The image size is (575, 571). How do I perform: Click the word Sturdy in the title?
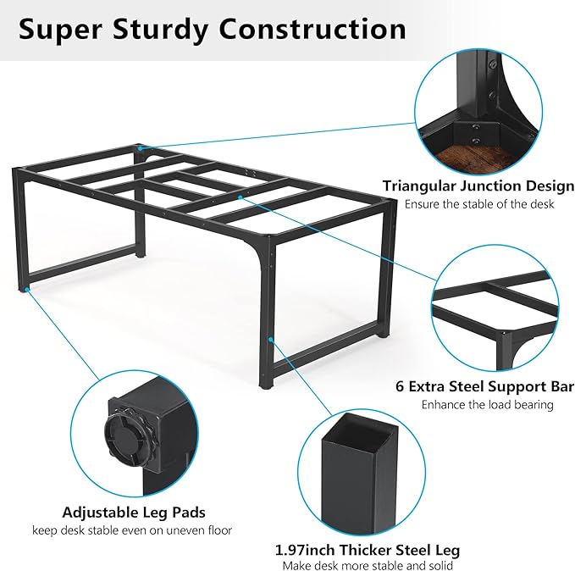click(160, 30)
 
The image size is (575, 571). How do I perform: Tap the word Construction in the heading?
click(312, 29)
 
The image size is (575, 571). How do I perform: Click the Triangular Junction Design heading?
click(478, 186)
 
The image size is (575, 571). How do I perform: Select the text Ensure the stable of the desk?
click(479, 204)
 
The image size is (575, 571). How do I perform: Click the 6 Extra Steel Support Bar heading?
click(484, 386)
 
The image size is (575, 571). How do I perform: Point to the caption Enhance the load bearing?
click(488, 404)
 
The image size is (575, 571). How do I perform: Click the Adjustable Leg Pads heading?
click(134, 513)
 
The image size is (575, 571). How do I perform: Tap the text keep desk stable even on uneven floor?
click(132, 530)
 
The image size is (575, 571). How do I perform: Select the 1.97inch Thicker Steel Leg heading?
click(367, 550)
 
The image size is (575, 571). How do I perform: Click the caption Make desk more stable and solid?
click(368, 566)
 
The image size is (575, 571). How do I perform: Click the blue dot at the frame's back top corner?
click(140, 148)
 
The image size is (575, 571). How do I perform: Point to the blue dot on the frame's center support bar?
click(241, 197)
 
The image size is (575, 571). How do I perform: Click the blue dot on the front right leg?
click(270, 340)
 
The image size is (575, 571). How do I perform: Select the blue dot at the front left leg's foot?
click(26, 290)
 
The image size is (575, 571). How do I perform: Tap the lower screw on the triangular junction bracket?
click(476, 140)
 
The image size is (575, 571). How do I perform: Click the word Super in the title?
click(61, 30)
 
